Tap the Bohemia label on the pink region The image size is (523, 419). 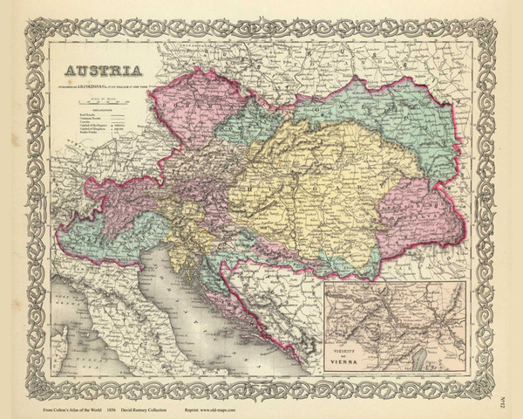187,110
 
